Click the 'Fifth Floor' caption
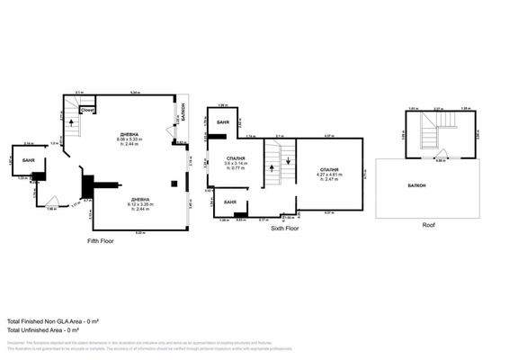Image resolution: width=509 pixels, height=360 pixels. click(100, 241)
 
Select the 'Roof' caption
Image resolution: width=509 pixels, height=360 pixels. click(428, 225)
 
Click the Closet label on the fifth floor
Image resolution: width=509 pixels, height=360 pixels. click(87, 110)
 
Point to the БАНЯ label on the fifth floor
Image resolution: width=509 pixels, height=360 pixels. click(28, 159)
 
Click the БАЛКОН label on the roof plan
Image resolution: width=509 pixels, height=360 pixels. click(415, 186)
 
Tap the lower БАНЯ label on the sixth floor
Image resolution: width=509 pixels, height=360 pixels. click(229, 202)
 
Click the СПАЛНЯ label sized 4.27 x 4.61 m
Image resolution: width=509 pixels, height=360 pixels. click(329, 170)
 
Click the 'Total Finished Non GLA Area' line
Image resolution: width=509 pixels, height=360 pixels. click(53, 321)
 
